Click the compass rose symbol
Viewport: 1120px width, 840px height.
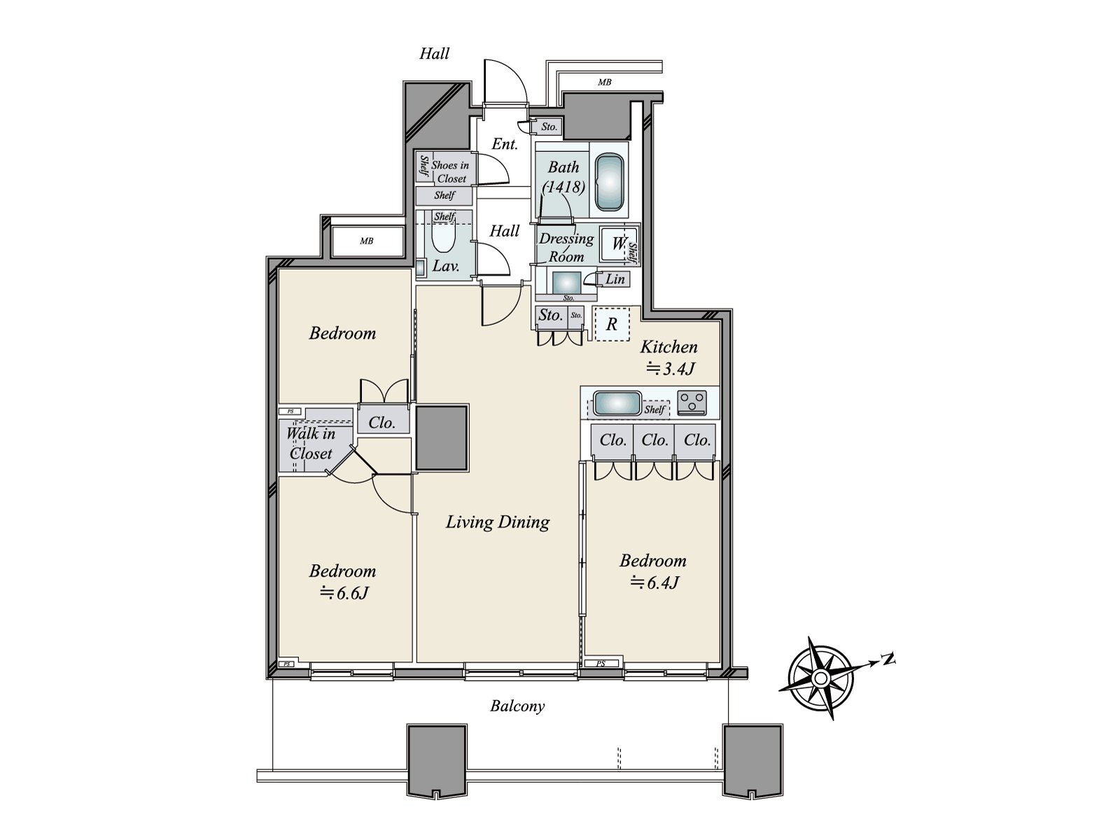click(820, 677)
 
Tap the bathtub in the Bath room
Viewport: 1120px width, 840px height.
click(609, 181)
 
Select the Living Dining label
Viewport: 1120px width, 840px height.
click(498, 522)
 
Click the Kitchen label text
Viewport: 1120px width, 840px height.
click(668, 347)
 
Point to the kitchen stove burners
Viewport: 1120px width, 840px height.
click(692, 402)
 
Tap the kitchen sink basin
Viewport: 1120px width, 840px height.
click(617, 404)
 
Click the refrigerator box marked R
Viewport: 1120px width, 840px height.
click(612, 324)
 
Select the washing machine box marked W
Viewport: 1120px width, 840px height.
click(618, 244)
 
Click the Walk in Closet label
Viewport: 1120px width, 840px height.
click(310, 443)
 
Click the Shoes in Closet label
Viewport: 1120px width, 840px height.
click(450, 171)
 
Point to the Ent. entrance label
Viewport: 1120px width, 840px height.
click(505, 145)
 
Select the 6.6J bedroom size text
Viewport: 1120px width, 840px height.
click(344, 594)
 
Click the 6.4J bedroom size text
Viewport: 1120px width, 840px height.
click(653, 582)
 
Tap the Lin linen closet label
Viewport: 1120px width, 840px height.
click(615, 279)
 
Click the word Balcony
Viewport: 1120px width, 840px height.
click(517, 706)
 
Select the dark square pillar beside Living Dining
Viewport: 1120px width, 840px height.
click(442, 437)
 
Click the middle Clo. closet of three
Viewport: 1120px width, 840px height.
click(654, 440)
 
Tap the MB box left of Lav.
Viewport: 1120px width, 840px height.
click(366, 241)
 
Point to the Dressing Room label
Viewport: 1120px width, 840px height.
click(566, 247)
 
